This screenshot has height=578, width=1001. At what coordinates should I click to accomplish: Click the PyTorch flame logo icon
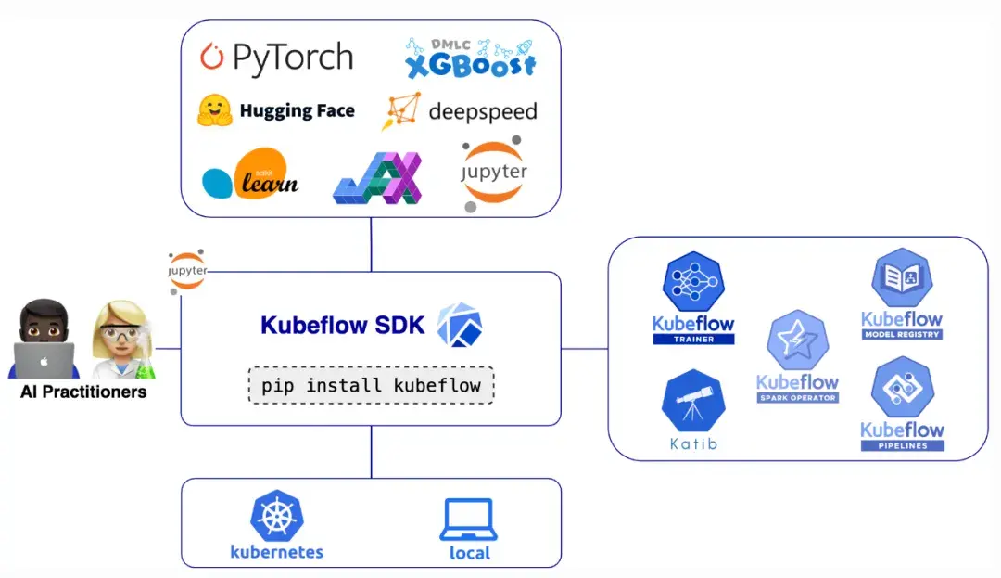(212, 58)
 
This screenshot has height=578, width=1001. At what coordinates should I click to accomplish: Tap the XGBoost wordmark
(471, 66)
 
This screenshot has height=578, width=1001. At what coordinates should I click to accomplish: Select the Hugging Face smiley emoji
(214, 110)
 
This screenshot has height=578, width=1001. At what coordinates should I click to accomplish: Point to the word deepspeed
(482, 112)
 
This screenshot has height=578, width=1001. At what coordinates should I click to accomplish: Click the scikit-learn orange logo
(262, 174)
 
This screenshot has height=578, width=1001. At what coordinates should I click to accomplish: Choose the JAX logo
(377, 177)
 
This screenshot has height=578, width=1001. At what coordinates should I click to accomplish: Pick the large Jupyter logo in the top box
(495, 173)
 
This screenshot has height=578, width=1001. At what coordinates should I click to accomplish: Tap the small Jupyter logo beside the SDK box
(187, 271)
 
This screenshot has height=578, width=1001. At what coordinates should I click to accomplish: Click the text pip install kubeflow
(371, 384)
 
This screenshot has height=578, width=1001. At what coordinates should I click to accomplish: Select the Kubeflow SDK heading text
(343, 326)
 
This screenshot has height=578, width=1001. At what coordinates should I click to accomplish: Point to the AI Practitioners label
(83, 392)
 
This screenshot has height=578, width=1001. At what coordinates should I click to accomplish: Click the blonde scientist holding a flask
(121, 340)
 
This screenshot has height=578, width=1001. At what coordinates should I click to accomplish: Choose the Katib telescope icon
(692, 400)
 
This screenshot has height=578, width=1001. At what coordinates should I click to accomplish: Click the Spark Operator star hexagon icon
(797, 340)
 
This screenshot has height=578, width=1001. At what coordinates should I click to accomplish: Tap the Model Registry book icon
(901, 279)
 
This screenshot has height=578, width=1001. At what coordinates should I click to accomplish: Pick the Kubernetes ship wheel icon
(276, 517)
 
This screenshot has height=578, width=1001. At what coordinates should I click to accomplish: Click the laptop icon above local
(468, 520)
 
